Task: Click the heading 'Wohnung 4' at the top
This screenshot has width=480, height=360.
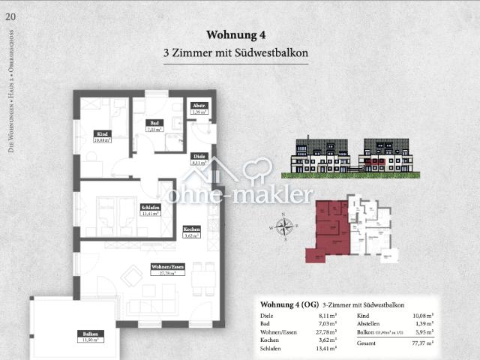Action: (x=236, y=34)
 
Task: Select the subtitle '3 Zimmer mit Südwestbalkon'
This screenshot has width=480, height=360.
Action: (x=236, y=53)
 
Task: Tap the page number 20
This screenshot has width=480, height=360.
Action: (x=10, y=15)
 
